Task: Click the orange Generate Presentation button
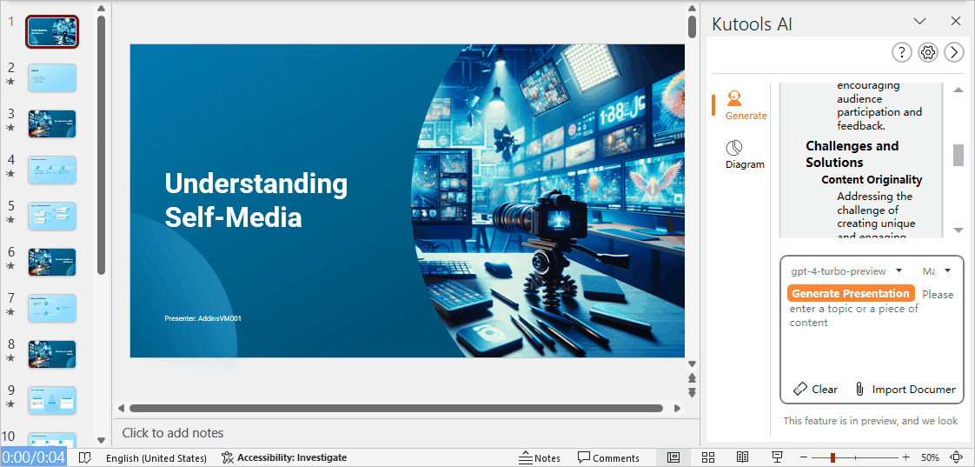click(851, 294)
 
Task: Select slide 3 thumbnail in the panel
click(52, 123)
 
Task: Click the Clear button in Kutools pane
click(815, 389)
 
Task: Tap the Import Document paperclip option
click(905, 389)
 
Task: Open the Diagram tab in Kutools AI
click(745, 154)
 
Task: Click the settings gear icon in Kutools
click(928, 52)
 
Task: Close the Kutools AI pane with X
click(956, 22)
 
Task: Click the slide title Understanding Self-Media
click(256, 200)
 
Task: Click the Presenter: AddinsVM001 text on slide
click(202, 318)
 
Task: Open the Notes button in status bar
click(540, 457)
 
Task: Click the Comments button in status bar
click(608, 457)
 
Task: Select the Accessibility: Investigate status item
click(284, 457)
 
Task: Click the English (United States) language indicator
click(156, 457)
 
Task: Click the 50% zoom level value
click(930, 457)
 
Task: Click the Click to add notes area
click(173, 433)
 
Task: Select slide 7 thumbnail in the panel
click(52, 308)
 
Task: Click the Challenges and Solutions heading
click(852, 154)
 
